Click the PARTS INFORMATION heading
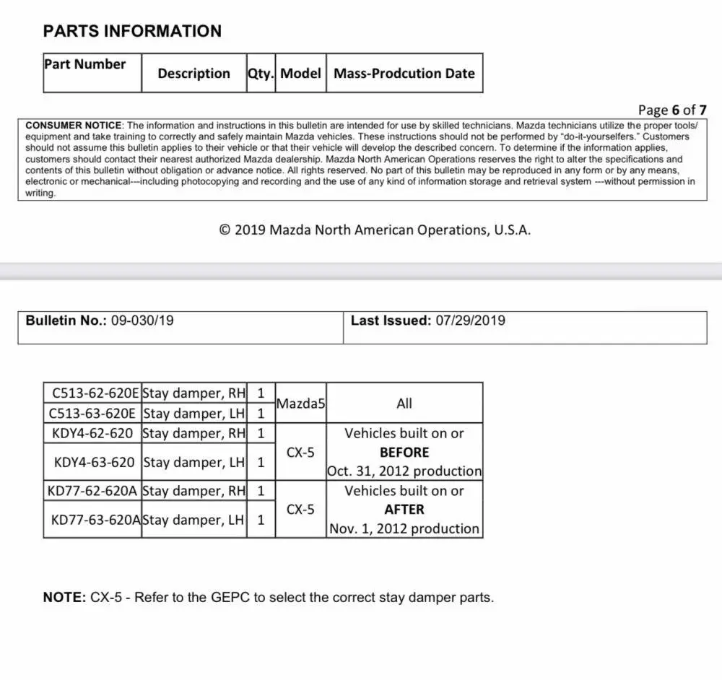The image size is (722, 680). point(132,31)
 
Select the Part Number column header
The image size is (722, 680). point(84,64)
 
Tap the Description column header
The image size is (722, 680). point(193,74)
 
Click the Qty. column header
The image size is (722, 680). point(261,74)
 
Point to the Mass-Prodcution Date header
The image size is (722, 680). point(404,74)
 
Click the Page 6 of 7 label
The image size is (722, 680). point(672,110)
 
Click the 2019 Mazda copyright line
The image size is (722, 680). point(375,230)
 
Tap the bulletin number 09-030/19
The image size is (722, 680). point(142,321)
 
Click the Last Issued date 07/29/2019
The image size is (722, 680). point(470,321)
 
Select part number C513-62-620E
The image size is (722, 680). point(93,393)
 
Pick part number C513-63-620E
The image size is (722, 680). point(92,414)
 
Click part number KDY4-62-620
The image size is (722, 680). point(92,433)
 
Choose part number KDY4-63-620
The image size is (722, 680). point(94,462)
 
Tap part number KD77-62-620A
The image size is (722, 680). point(92,491)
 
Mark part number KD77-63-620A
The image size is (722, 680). point(96,520)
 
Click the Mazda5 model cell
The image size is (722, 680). point(300,404)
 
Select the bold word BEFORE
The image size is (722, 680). point(404,453)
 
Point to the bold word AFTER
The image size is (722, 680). point(404,510)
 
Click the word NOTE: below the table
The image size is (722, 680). point(64,598)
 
